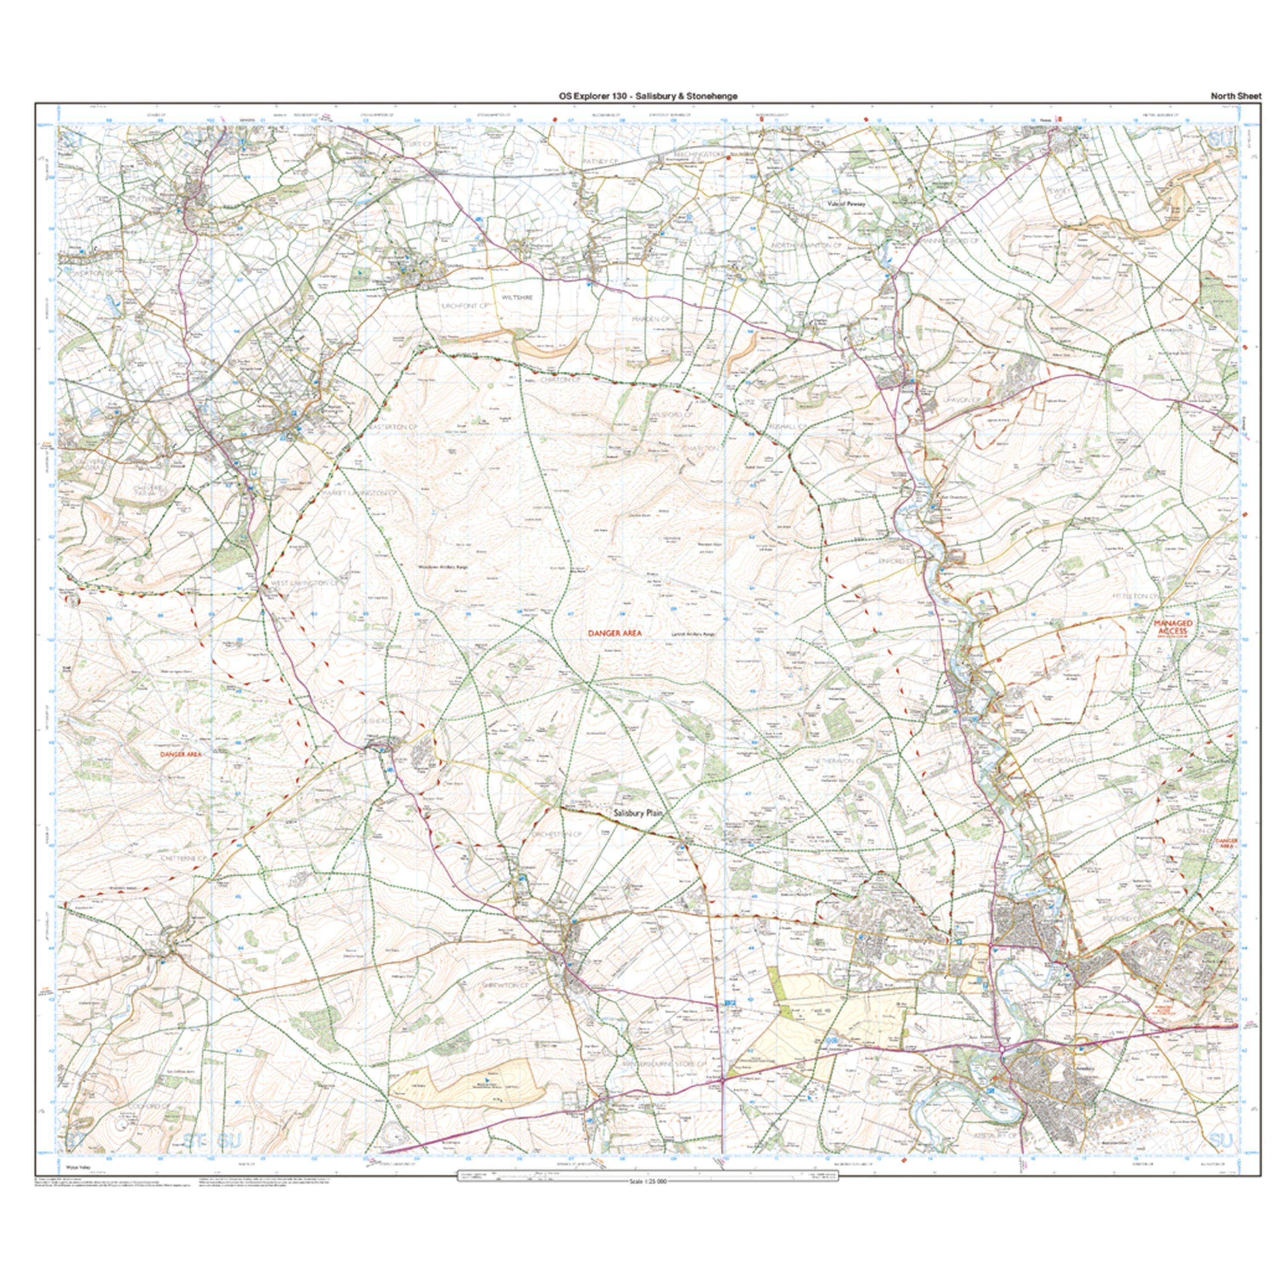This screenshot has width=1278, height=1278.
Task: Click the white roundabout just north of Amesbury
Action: click(x=1003, y=1049)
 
